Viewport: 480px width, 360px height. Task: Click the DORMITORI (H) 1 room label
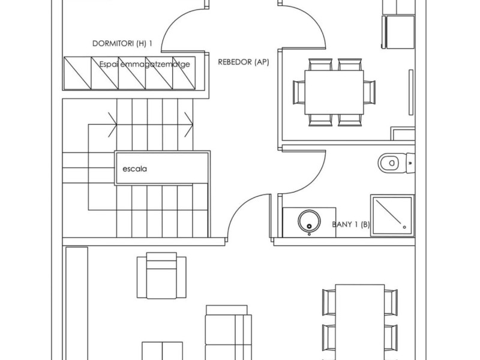coord(122,43)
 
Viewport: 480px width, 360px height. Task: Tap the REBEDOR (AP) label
coord(244,62)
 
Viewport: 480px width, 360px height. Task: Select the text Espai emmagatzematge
coord(145,64)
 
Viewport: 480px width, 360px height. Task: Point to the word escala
coord(134,169)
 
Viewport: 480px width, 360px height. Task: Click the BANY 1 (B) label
coord(351,224)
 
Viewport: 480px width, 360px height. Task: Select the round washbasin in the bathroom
coord(309,221)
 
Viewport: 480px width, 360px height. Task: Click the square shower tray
coord(392,215)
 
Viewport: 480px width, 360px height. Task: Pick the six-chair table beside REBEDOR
coord(334,92)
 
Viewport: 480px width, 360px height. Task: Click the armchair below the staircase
coord(161,275)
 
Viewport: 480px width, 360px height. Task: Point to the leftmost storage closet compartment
coord(77,73)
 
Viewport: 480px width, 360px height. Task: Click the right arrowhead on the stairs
coord(189,125)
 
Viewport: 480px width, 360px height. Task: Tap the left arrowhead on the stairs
coord(112,125)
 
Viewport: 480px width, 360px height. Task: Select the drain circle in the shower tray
coord(404,227)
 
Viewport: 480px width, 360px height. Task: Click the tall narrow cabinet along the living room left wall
coord(77,304)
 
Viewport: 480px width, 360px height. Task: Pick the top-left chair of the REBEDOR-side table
coord(320,64)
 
